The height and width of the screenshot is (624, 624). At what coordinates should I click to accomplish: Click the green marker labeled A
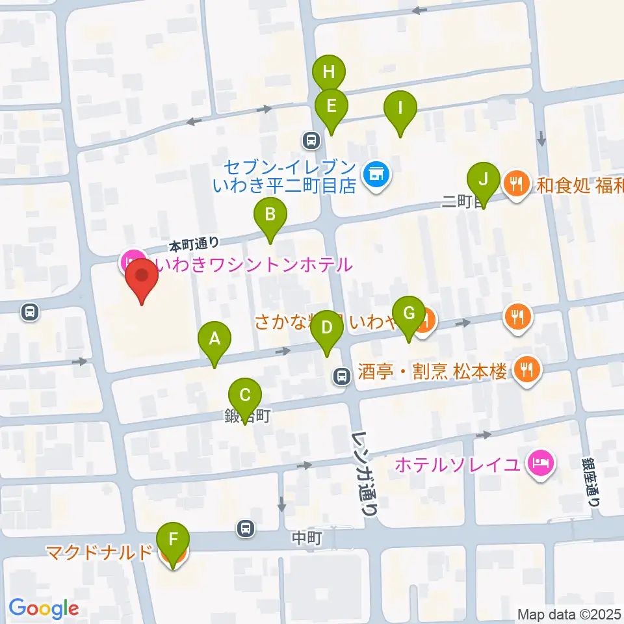214,339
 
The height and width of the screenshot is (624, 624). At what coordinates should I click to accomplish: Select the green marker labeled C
245,396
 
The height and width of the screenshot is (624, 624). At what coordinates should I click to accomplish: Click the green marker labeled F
173,540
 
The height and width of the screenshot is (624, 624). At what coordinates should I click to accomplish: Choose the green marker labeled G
408,314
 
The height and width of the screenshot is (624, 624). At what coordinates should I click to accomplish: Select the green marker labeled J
482,178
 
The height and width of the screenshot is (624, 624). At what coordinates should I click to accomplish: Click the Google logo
44,608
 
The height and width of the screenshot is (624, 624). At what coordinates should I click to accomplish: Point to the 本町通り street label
193,245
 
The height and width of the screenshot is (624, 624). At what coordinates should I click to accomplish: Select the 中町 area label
307,538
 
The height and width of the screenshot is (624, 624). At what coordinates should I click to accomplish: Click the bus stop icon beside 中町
245,528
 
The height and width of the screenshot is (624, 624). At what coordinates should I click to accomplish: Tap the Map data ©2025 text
569,614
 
